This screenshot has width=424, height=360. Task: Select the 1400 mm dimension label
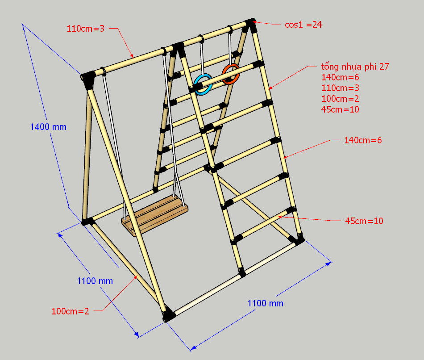48,127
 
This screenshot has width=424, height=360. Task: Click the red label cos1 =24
303,25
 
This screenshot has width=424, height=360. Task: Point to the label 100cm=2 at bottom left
71,311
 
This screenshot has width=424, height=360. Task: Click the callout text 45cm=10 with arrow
364,221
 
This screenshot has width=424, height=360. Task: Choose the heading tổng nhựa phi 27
355,66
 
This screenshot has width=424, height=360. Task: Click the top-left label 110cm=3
85,29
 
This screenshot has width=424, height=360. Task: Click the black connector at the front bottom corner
168,314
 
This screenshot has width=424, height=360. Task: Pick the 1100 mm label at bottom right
265,303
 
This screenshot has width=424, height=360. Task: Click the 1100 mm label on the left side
95,281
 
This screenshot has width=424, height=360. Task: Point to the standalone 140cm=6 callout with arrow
363,140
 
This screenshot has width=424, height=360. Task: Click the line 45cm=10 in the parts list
340,109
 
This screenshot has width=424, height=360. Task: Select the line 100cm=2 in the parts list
340,99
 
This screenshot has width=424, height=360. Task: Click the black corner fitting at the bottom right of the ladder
297,240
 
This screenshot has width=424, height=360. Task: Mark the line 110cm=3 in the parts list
340,88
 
